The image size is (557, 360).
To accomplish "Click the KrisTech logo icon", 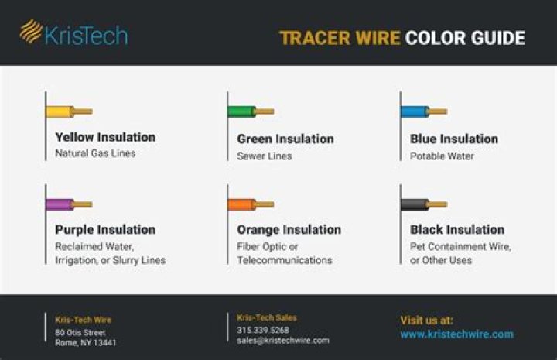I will click(31, 31).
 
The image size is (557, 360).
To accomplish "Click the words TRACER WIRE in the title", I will click(340, 38).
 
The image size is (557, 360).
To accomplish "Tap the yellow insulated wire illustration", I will click(69, 111).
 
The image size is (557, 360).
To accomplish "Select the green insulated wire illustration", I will click(251, 111).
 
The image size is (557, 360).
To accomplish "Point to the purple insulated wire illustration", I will click(69, 204).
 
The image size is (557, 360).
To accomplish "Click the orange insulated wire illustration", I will click(251, 204).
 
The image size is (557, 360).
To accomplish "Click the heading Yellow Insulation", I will click(105, 137).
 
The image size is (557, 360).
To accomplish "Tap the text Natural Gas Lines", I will click(95, 154).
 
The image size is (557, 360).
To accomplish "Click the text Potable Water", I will click(442, 156).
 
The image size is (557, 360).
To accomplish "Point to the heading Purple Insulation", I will click(105, 229).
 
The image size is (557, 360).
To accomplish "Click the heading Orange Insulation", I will click(289, 229).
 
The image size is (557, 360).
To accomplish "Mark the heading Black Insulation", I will click(456, 229).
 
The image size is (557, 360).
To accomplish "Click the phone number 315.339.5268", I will click(263, 330).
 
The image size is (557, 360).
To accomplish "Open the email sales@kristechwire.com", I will click(282, 340).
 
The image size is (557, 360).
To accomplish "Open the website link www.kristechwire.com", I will click(456, 334).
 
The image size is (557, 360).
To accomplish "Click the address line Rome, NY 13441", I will click(86, 342).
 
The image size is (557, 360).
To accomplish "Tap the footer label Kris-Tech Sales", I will click(267, 317).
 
